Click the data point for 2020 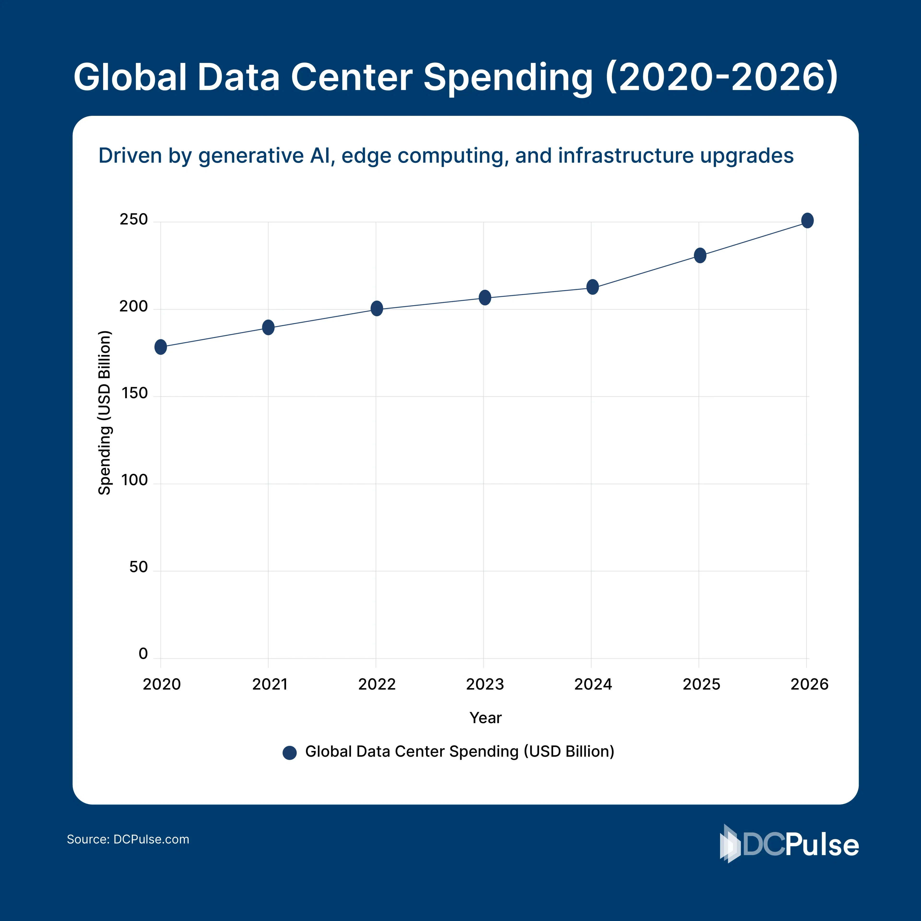(161, 347)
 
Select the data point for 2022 (377, 308)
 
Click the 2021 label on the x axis (270, 685)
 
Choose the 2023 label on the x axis (485, 685)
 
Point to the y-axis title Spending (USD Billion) (104, 413)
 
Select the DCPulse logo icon (730, 844)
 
